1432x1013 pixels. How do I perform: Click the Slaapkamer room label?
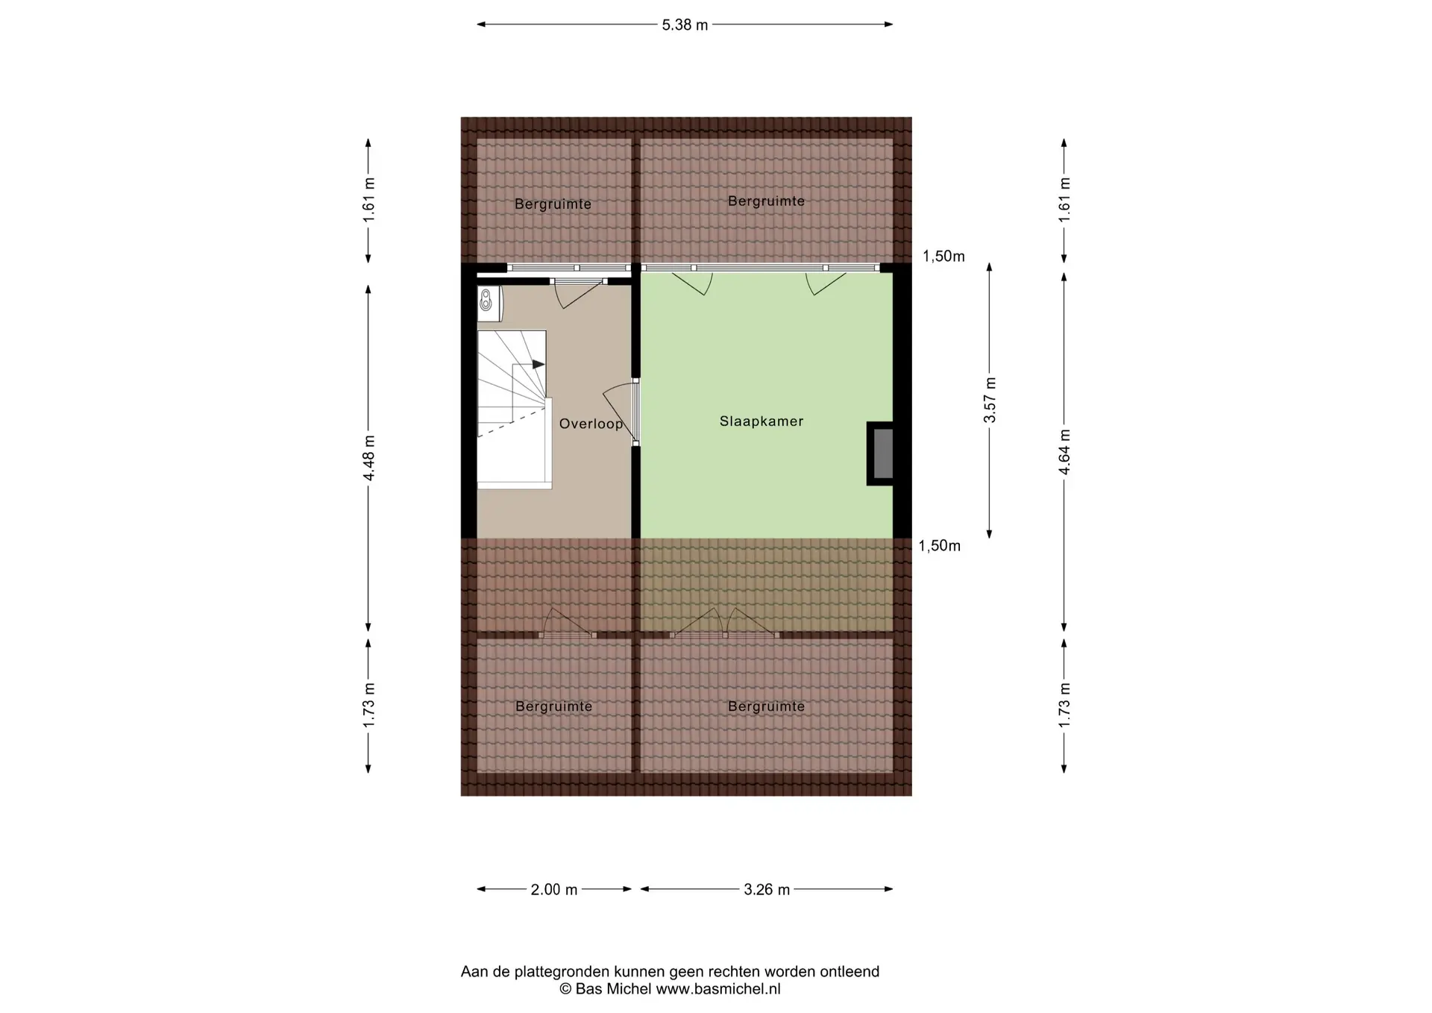click(x=761, y=421)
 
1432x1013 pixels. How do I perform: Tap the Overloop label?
click(x=591, y=424)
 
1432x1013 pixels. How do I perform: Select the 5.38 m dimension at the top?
click(x=685, y=25)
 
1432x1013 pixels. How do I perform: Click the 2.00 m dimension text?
click(x=554, y=889)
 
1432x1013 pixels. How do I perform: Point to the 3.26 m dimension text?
click(x=767, y=889)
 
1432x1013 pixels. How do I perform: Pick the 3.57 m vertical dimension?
click(x=990, y=400)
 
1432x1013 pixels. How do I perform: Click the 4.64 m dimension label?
click(x=1064, y=451)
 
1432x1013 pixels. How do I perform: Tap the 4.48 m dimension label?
click(x=368, y=457)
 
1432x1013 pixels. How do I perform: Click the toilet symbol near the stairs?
click(x=486, y=301)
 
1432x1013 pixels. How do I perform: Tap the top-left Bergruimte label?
click(x=553, y=204)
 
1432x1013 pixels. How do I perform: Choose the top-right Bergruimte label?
click(x=766, y=201)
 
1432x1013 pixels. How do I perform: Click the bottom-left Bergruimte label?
click(x=553, y=706)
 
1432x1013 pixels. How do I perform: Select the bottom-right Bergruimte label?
click(x=766, y=706)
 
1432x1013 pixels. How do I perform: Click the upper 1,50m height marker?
click(x=943, y=257)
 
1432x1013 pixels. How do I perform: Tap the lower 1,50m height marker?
click(x=939, y=546)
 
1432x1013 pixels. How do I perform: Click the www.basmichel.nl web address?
click(x=717, y=990)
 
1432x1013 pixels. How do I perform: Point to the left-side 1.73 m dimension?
click(x=368, y=705)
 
